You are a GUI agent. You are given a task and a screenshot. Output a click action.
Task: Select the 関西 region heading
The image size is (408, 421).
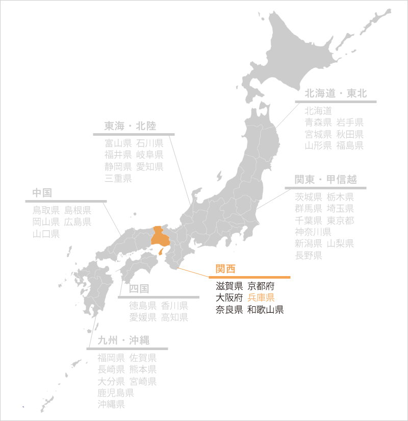(x=225, y=269)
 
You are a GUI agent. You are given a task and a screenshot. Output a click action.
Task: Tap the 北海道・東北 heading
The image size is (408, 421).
(x=336, y=93)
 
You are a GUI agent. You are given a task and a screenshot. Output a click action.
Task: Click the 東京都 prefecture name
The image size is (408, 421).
(x=340, y=220)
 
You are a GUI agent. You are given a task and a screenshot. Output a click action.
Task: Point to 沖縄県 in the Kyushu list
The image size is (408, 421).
(x=111, y=405)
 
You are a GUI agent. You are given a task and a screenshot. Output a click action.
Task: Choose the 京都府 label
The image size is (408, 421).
(x=261, y=286)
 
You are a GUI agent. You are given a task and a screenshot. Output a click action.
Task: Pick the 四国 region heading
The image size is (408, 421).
(x=139, y=288)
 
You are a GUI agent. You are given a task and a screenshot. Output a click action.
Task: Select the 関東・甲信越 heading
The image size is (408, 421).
(x=325, y=180)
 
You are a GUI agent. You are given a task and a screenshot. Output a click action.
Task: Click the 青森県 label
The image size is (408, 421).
(x=318, y=122)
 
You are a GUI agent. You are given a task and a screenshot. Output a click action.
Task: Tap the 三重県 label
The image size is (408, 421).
(x=118, y=178)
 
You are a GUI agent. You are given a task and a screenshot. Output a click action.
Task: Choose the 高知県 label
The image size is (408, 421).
(x=174, y=317)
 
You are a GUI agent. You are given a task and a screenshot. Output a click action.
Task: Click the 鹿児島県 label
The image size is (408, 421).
(x=116, y=393)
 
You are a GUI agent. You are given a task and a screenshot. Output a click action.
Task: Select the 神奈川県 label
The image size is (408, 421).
(x=313, y=232)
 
